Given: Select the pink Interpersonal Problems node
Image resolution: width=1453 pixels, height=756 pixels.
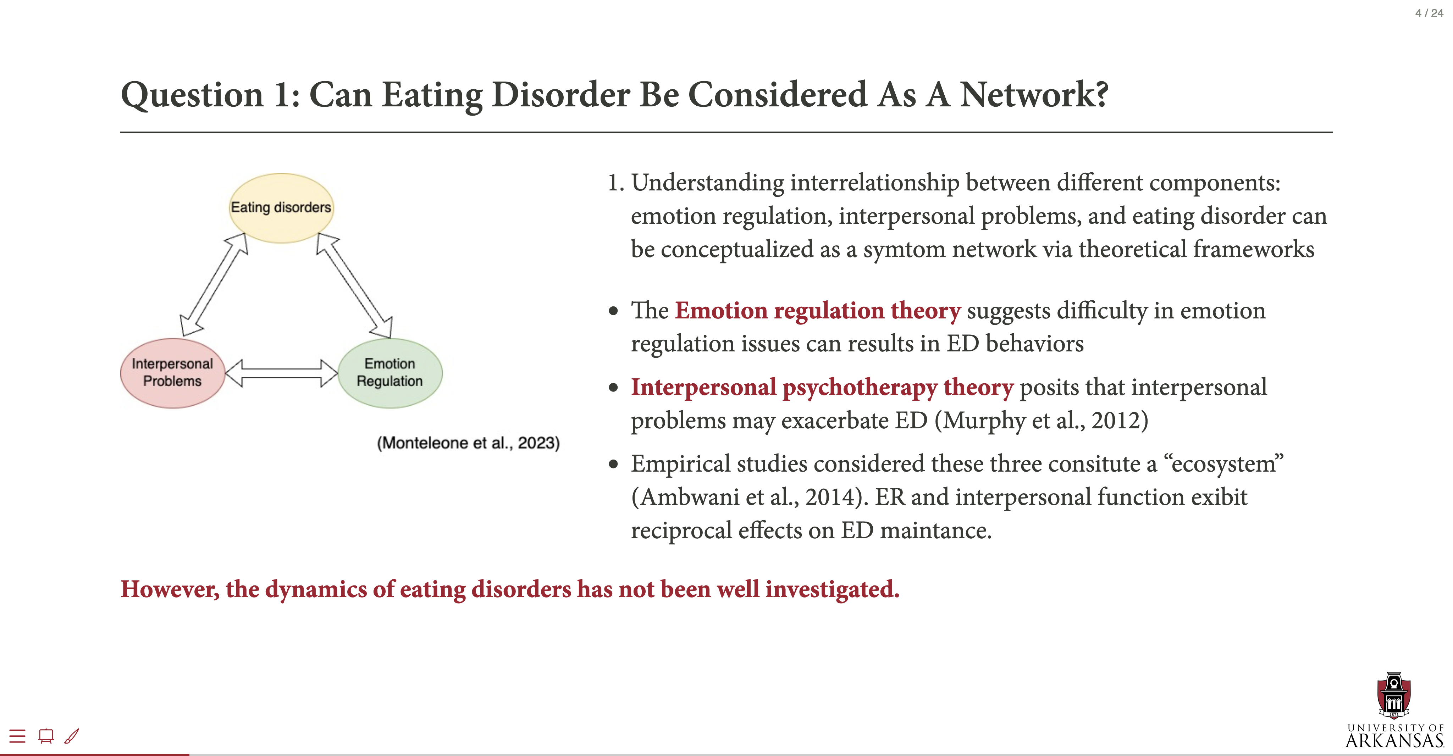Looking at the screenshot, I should (173, 373).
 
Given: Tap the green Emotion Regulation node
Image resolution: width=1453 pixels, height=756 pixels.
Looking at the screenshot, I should (390, 373).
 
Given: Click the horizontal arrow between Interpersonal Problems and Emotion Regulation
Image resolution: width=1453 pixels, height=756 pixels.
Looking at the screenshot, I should (281, 373).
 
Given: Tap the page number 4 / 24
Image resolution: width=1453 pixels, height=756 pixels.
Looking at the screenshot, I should (1429, 13).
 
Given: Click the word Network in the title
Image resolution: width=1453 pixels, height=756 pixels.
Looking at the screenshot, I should (1034, 94).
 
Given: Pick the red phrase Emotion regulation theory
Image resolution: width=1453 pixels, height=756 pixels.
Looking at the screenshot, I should (817, 311).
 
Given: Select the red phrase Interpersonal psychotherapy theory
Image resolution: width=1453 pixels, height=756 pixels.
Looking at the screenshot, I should (822, 387).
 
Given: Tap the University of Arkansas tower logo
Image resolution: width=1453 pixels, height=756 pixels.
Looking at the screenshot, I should (1394, 695).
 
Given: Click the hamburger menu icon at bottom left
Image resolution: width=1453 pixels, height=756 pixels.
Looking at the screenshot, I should (17, 736).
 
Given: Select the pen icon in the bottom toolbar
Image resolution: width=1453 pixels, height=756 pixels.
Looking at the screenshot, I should (72, 736).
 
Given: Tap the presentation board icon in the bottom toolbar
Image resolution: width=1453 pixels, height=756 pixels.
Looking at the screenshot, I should (46, 736).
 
